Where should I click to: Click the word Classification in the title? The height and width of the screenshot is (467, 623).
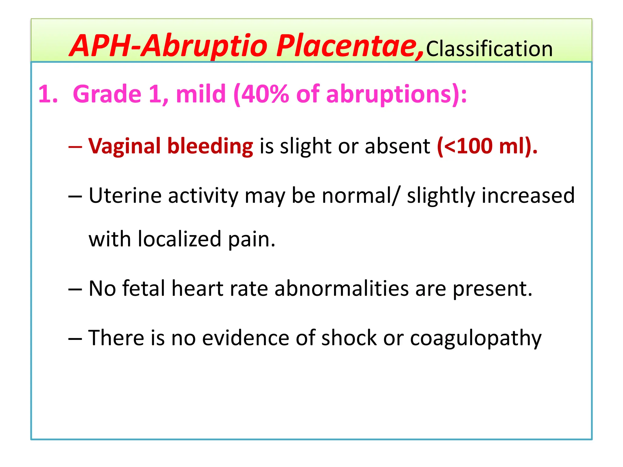(489, 49)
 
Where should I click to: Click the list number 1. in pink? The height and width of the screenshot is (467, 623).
(48, 94)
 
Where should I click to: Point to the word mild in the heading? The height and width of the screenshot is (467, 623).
(201, 94)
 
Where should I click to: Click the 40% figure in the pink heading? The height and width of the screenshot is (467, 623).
(262, 94)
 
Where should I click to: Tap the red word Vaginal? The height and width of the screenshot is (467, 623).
(124, 147)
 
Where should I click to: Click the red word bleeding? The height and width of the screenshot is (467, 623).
(210, 147)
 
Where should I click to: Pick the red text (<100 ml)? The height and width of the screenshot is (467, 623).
(487, 146)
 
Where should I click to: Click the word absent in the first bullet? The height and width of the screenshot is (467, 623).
(397, 146)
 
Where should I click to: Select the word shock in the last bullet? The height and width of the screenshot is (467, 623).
(349, 338)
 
